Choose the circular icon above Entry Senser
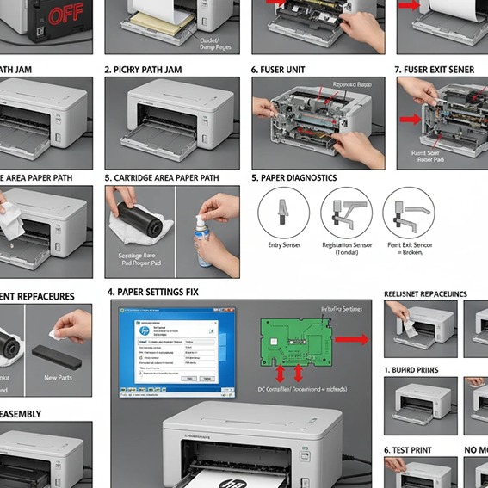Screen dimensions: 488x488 tap(283, 213)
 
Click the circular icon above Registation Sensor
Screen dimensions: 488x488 tap(346, 213)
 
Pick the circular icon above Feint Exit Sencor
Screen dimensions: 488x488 tap(408, 213)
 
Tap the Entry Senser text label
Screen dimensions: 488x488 tap(283, 245)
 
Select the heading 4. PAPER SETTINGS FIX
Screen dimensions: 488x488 tap(152, 293)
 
